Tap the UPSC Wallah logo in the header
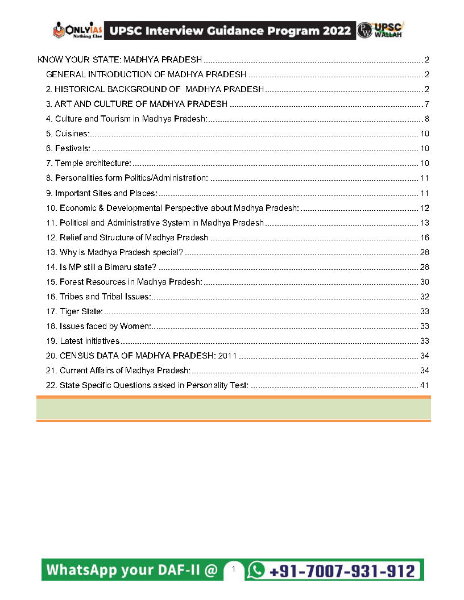pyautogui.click(x=380, y=30)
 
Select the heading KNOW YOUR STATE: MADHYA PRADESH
pyautogui.click(x=120, y=60)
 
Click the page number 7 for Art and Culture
pyautogui.click(x=426, y=104)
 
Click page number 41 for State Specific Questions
pyautogui.click(x=424, y=385)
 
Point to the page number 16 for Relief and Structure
pyautogui.click(x=424, y=238)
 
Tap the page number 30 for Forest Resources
pyautogui.click(x=424, y=282)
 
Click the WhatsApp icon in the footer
pyautogui.click(x=257, y=570)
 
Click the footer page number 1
pyautogui.click(x=233, y=569)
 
